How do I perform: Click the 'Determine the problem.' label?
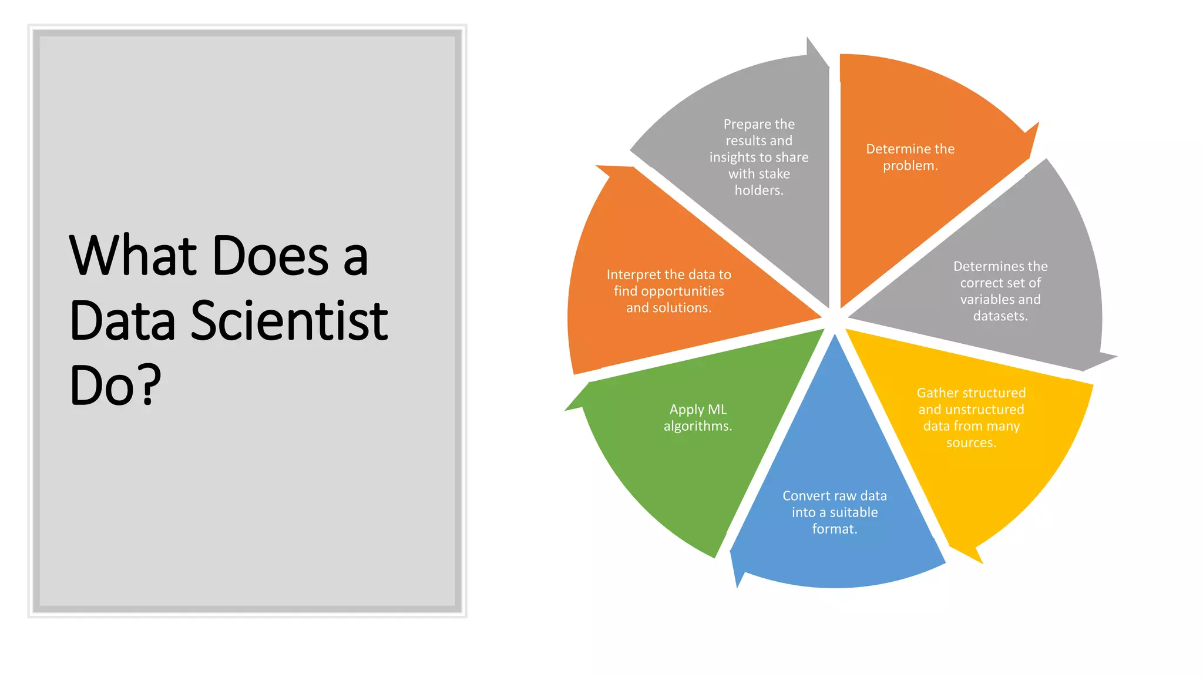coord(910,157)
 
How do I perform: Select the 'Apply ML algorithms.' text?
coord(698,417)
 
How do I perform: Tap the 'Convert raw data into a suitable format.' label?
coord(834,512)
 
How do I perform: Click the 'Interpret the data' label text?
coord(668,291)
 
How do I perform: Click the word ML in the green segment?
coord(717,409)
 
